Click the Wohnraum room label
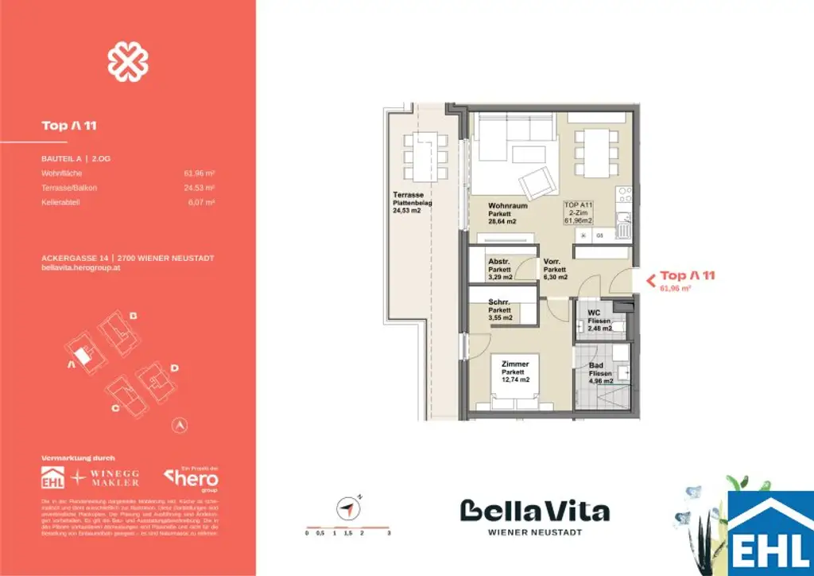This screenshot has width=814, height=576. [x=508, y=206]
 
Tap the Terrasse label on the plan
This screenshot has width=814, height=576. [x=407, y=195]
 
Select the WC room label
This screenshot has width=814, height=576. [x=593, y=313]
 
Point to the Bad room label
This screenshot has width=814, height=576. [x=595, y=365]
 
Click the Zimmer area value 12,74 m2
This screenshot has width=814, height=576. [x=515, y=379]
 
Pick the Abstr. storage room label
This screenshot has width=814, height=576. [x=499, y=262]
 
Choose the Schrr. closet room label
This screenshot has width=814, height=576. [x=499, y=302]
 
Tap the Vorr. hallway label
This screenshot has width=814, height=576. [x=553, y=262]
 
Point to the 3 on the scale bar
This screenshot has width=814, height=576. [x=388, y=533]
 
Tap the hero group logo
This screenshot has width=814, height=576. [x=192, y=479]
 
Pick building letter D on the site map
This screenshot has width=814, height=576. [x=174, y=368]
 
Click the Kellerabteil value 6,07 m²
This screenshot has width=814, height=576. [x=204, y=203]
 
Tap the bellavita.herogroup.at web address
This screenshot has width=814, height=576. [x=79, y=268]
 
